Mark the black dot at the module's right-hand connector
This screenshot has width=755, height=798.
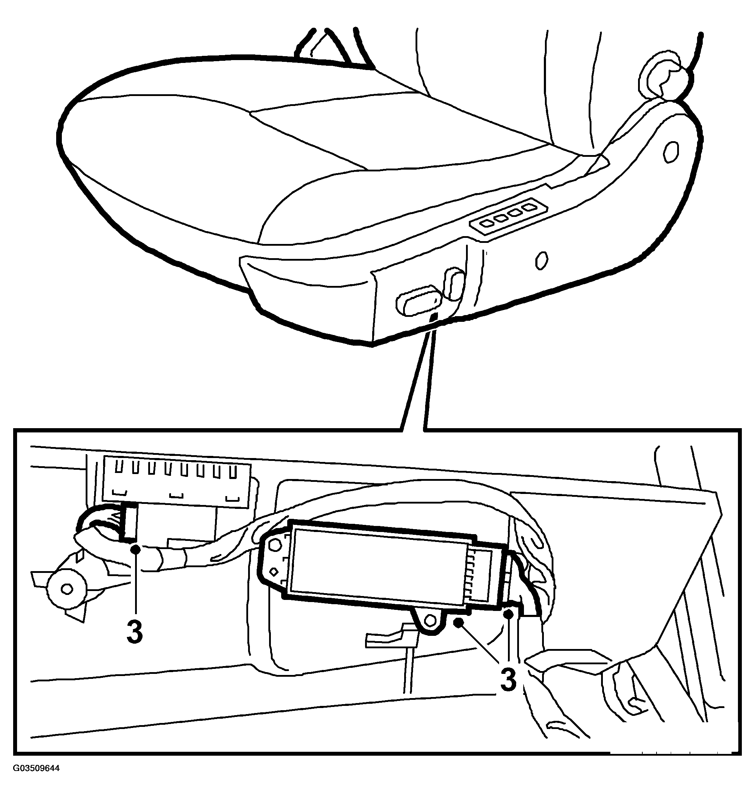click(x=509, y=614)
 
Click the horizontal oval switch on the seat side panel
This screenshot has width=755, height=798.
click(x=418, y=300)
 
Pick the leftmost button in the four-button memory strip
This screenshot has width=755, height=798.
click(x=487, y=222)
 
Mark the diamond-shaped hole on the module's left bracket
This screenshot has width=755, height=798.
click(x=274, y=571)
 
